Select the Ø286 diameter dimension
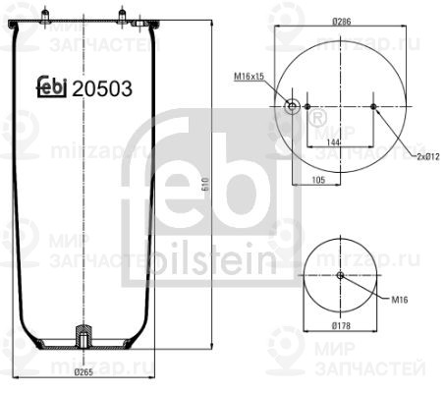(342, 21)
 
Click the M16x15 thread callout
(251, 76)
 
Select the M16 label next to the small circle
(399, 301)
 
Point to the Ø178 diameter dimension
(341, 325)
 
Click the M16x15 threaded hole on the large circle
(291, 106)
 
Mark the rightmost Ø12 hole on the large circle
(376, 106)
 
